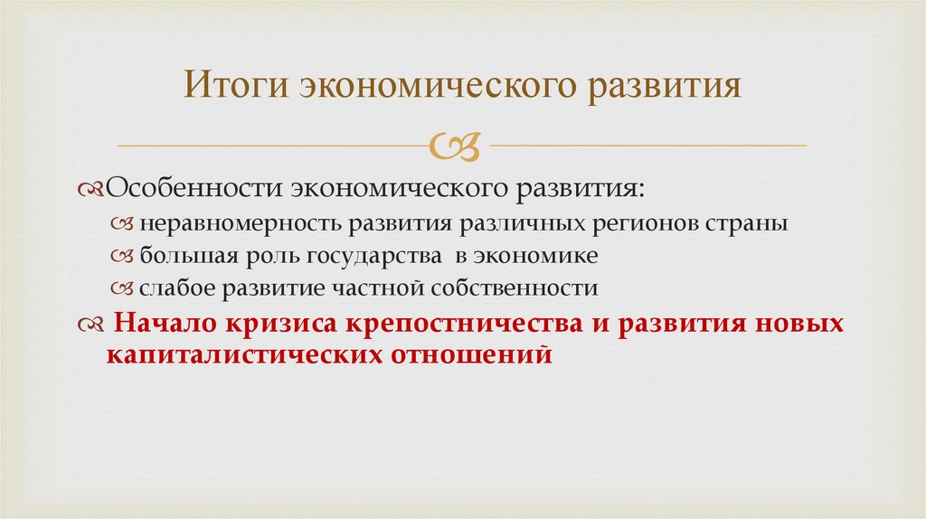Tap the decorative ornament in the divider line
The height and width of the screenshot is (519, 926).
coord(458,145)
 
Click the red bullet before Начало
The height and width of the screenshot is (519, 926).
coord(90,324)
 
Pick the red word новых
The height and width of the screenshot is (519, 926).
coord(803,324)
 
